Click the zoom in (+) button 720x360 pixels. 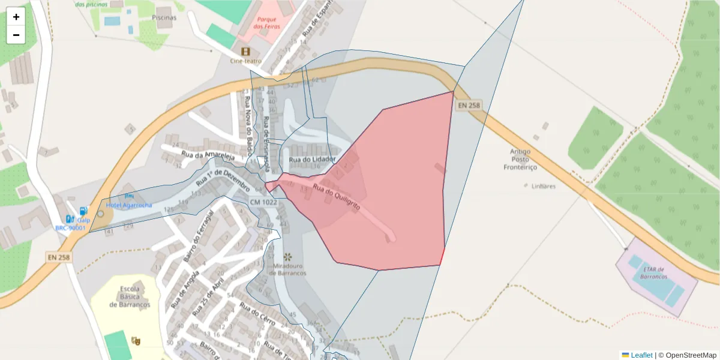point(16,17)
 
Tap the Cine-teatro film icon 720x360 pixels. point(245,52)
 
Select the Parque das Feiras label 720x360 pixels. point(265,23)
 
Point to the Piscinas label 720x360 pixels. point(164,17)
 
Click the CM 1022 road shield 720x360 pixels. point(263,202)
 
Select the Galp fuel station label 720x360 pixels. point(83,220)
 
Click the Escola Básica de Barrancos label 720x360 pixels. point(130,296)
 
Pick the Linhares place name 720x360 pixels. point(544,186)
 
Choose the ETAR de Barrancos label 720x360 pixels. point(653,273)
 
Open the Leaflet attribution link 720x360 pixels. point(641,355)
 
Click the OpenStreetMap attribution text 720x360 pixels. point(687,355)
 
